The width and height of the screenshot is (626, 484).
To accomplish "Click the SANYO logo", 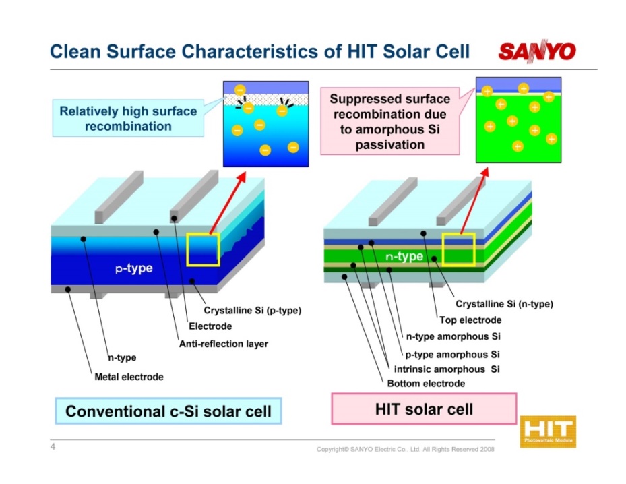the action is point(537,51).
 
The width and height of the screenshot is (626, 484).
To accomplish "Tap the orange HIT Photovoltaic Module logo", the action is point(548,431).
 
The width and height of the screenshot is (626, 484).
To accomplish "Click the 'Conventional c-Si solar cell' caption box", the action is point(168,411).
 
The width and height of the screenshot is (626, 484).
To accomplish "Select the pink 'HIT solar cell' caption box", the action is point(424,409).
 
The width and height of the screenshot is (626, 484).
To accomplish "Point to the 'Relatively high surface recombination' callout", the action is point(128,118).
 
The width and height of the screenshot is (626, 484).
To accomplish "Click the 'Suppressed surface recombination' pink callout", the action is point(390,121).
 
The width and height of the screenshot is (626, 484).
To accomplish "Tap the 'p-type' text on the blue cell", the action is point(134,268).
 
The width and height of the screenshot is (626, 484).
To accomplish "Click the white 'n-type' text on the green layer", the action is point(404,256).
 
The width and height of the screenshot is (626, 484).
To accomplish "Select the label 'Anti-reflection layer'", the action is point(224,344).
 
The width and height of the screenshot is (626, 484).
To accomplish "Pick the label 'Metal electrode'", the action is point(129,377).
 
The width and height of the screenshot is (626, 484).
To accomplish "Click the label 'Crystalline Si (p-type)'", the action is point(252,310).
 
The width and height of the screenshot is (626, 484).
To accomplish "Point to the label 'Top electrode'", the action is point(470,320).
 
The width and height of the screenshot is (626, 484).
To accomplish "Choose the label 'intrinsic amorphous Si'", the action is point(447,369).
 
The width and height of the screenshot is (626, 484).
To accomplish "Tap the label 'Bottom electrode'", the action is point(426,384).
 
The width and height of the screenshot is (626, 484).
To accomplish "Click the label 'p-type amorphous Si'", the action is point(452,354).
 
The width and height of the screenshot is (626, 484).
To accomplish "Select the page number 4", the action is point(53,446).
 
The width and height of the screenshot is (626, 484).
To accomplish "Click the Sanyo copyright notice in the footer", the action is point(405,449).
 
